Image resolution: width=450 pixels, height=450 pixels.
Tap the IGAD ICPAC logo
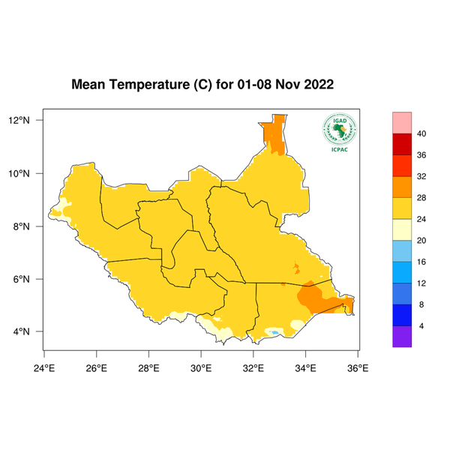[339, 133]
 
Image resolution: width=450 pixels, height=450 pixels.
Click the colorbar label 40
[421, 133]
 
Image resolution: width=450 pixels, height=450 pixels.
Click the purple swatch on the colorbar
[403, 337]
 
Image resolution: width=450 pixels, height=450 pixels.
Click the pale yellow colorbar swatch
[403, 229]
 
